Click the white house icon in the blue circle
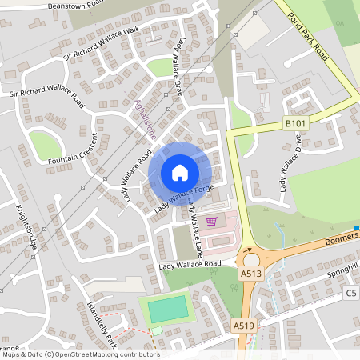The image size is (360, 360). (180, 173)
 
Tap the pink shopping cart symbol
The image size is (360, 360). (211, 222)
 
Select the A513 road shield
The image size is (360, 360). (251, 273)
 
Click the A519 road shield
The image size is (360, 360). (244, 326)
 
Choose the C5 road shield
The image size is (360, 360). (351, 294)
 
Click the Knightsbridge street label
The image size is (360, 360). (26, 228)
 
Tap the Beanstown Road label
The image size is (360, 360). (75, 5)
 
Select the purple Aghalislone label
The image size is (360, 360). (145, 120)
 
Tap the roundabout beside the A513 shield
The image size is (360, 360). (252, 257)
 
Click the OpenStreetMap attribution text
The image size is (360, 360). (80, 354)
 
